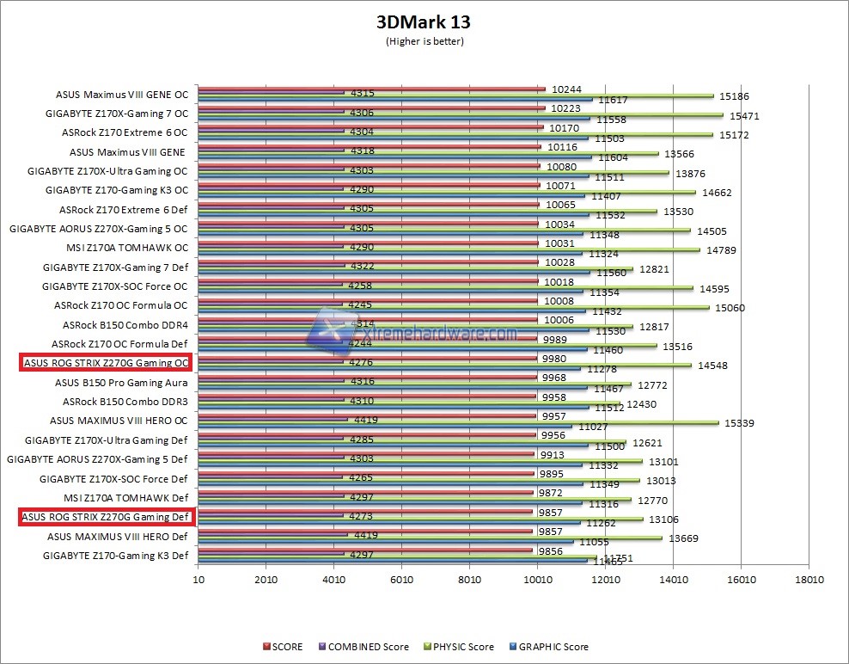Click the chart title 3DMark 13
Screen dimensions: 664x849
424,22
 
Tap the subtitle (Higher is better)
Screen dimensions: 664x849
424,40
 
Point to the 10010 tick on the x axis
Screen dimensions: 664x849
537,581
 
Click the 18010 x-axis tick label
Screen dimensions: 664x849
809,581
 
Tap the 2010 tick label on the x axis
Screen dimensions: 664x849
266,581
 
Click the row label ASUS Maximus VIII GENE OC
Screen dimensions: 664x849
121,95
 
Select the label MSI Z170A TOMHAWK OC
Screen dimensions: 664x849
126,248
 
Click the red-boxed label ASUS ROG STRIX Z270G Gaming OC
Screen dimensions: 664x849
106,363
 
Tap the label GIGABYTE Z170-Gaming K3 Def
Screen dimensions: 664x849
114,555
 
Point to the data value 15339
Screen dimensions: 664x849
738,422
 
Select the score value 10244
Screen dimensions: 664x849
566,89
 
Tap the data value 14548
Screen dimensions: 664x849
713,365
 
